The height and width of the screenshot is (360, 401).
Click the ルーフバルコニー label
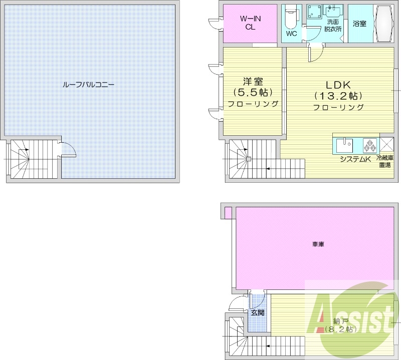(x=88, y=85)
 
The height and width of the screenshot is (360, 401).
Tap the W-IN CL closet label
(x=250, y=23)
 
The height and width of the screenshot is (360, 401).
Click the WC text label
(x=291, y=34)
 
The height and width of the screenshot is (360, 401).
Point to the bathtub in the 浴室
(x=384, y=24)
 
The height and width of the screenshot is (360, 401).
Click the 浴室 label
(x=359, y=24)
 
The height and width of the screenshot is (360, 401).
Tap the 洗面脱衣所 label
(x=333, y=26)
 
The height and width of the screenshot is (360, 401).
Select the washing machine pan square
(x=314, y=12)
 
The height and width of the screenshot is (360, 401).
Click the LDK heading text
(x=337, y=85)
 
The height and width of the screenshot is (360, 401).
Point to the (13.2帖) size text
(x=338, y=96)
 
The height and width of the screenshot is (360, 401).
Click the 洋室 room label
(x=253, y=82)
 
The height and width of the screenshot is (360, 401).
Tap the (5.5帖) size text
(x=253, y=93)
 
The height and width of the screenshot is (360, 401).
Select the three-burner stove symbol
(x=369, y=145)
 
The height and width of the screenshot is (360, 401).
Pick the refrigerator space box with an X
(x=386, y=145)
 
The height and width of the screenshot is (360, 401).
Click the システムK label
(x=355, y=159)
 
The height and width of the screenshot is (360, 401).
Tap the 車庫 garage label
(x=318, y=244)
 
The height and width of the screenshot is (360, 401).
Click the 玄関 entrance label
(x=257, y=312)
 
